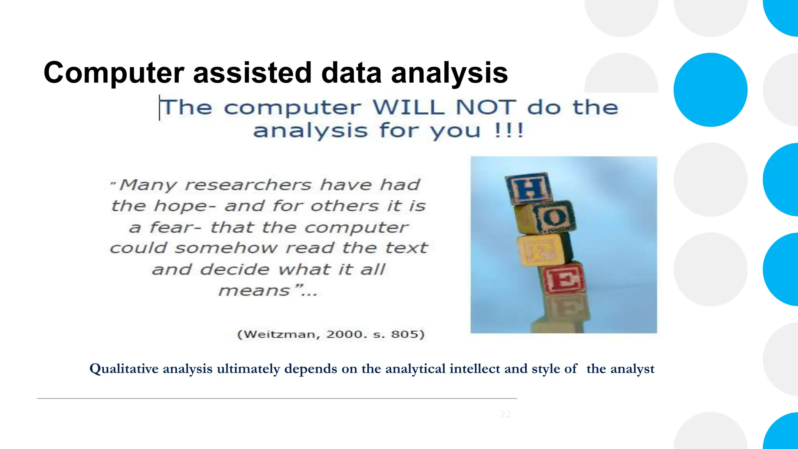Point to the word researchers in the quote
point(248,185)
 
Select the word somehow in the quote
point(226,248)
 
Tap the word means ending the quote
point(254,291)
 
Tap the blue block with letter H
point(529,189)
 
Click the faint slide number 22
point(505,414)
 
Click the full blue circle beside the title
point(710,90)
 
